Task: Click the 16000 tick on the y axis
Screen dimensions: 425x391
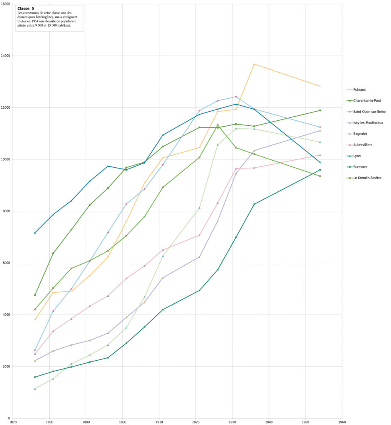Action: [6, 4]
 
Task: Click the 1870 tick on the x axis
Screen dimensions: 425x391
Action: [13, 422]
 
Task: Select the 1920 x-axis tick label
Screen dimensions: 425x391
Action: [196, 422]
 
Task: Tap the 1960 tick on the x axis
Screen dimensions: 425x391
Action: [342, 422]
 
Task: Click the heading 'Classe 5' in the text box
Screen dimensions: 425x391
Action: [26, 8]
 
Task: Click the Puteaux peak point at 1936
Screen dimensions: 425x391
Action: [254, 64]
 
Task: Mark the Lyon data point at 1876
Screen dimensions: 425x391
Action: [35, 233]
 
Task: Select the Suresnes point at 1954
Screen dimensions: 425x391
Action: [320, 170]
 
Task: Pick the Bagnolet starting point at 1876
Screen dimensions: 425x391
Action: [35, 388]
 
